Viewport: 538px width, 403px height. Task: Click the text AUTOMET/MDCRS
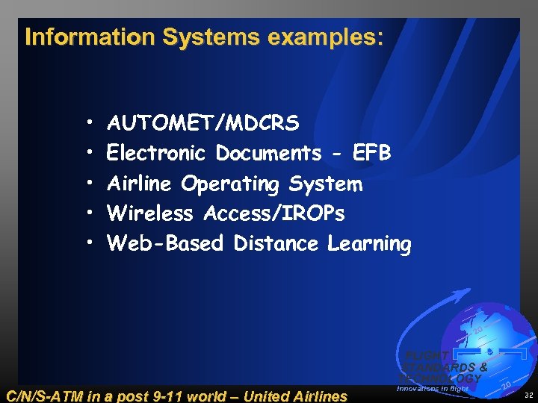203,122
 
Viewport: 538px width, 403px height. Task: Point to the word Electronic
156,153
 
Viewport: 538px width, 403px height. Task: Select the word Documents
268,153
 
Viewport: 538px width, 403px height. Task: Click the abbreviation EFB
371,153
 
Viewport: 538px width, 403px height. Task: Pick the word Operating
230,184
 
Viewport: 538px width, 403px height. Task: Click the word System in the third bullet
326,184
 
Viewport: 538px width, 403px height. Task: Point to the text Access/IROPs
274,214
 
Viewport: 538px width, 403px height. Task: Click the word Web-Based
165,244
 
